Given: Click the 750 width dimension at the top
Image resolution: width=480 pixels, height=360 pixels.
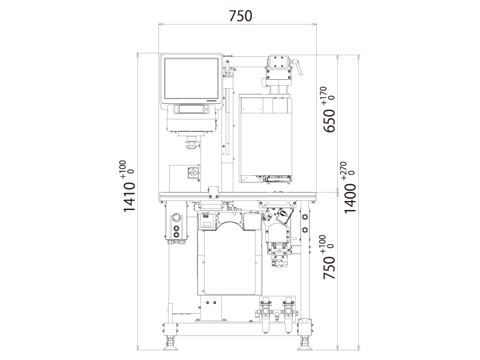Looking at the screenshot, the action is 241,16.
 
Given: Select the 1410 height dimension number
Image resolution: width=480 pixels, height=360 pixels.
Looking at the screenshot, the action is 129,197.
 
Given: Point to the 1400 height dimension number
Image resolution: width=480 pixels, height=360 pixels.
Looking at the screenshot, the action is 350,199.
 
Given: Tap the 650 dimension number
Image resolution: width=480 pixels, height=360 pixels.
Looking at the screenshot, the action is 329,121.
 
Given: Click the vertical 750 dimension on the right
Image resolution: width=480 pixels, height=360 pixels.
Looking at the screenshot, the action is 329,268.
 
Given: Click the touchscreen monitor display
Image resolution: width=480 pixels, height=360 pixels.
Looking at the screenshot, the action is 191,79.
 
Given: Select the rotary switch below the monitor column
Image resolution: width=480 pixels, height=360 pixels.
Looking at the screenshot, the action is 193,172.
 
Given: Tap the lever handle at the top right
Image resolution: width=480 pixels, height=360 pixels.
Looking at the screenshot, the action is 297,67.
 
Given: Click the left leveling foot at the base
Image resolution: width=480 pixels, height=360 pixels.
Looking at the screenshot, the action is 170,343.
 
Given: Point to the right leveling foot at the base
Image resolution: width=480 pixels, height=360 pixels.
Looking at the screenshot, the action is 305,343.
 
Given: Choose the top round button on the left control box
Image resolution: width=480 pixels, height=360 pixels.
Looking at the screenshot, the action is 176,218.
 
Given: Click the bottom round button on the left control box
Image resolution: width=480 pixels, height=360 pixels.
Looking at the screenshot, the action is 176,235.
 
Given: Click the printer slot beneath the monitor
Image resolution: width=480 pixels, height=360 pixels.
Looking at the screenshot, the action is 191,109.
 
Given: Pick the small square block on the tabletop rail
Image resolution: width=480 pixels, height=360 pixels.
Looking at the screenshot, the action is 214,192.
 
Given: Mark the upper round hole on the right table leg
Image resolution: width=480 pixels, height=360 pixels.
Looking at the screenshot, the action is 305,217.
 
